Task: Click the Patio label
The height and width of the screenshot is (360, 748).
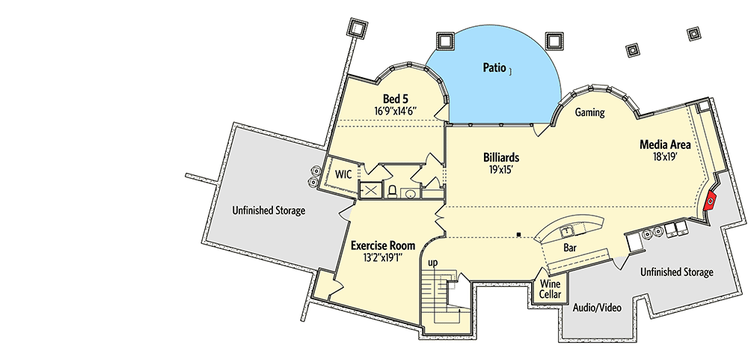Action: click(x=494, y=68)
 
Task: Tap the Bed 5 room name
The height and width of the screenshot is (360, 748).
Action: click(x=396, y=99)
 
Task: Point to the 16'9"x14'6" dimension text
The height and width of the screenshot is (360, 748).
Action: click(x=396, y=111)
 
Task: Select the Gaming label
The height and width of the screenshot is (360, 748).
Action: click(x=589, y=113)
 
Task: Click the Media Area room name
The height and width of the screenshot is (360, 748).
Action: click(x=665, y=144)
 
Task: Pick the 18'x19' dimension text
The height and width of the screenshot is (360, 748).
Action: click(x=666, y=156)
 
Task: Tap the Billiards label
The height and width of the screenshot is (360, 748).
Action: click(x=501, y=157)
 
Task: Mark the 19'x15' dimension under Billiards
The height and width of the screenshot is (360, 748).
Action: click(x=501, y=169)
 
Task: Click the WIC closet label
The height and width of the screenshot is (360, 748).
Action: click(x=343, y=174)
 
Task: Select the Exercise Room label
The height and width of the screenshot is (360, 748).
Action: click(x=383, y=246)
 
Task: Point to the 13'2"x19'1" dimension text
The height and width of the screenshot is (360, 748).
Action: click(x=383, y=257)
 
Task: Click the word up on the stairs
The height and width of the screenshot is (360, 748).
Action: click(x=432, y=263)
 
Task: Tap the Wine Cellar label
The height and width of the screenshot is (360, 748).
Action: click(x=550, y=289)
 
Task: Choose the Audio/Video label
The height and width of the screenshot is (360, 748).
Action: click(x=597, y=308)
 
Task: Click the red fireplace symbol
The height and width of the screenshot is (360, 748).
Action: click(x=711, y=201)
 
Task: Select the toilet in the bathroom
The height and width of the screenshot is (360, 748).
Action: click(x=392, y=191)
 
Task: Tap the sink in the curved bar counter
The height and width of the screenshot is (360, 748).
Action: click(x=568, y=232)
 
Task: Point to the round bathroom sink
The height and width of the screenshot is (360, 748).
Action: click(x=409, y=193)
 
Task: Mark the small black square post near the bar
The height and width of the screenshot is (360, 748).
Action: click(x=518, y=234)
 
